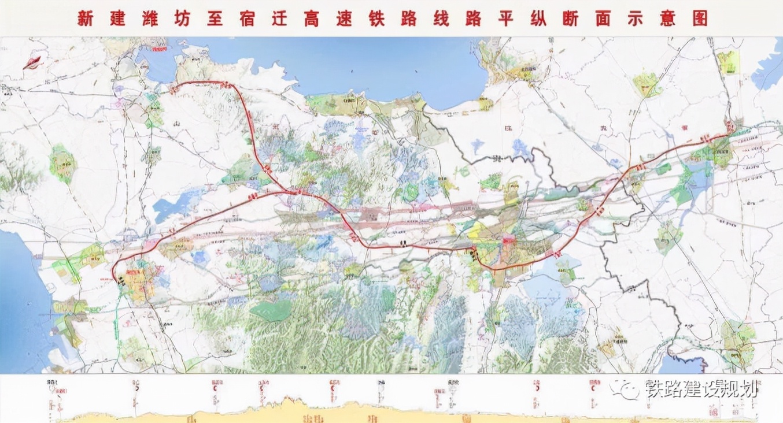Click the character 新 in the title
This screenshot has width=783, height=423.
85,18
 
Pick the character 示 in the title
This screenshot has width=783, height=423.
640,18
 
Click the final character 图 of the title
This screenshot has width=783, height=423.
700,18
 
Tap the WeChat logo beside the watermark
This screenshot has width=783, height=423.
627,389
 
